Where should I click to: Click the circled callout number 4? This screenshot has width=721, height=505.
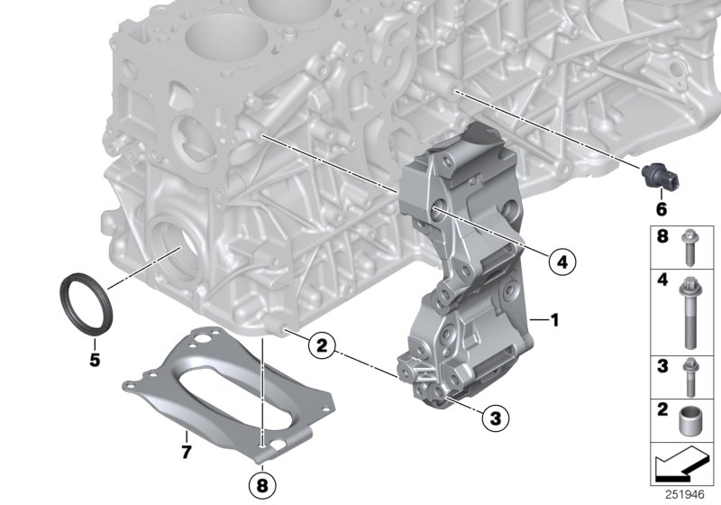pyautogui.click(x=560, y=262)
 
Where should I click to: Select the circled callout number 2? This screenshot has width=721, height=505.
pyautogui.click(x=321, y=344)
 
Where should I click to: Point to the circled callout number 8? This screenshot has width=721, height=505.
pyautogui.click(x=260, y=485)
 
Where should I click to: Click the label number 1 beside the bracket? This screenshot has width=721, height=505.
pyautogui.click(x=556, y=319)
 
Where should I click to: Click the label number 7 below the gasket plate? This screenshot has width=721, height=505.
pyautogui.click(x=187, y=450)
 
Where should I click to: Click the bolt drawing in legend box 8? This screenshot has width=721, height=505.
pyautogui.click(x=690, y=247)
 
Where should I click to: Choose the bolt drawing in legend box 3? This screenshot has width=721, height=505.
pyautogui.click(x=690, y=379)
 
